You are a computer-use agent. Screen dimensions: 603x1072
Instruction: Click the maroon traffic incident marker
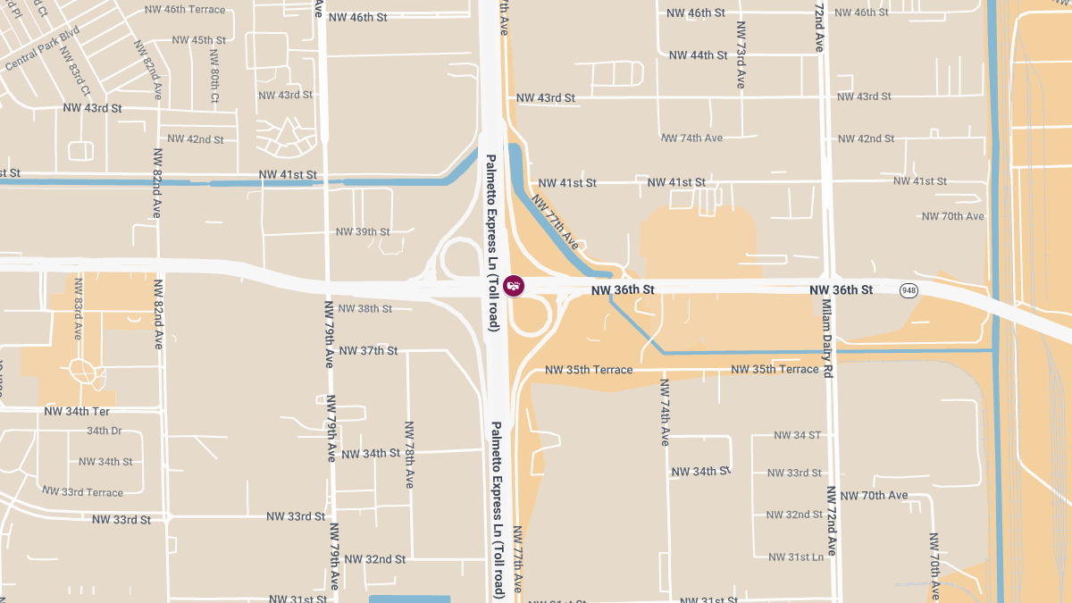[514, 286]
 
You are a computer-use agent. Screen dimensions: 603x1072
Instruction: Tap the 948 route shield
[909, 290]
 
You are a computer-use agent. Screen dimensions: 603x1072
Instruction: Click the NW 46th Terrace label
[185, 10]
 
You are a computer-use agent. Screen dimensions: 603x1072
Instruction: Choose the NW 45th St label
[197, 40]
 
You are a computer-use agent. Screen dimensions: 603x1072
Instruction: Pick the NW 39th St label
[363, 231]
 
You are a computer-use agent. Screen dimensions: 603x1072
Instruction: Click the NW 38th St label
[362, 308]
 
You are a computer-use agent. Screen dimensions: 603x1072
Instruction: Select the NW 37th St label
[368, 350]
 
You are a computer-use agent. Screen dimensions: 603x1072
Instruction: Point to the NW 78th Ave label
[409, 455]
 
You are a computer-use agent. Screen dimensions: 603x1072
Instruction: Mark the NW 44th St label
[698, 55]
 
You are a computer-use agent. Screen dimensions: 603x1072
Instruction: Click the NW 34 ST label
[797, 435]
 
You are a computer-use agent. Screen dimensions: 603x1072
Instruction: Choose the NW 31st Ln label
[796, 557]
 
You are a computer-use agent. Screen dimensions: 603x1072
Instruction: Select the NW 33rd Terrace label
[82, 492]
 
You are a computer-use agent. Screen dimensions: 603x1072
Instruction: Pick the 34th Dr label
[104, 431]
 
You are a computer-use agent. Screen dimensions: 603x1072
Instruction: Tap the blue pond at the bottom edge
[409, 599]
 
